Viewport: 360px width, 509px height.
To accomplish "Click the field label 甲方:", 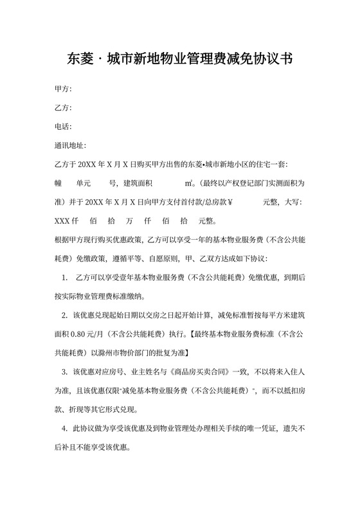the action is [x=63, y=88].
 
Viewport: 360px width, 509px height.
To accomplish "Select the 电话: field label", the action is [x=63, y=127].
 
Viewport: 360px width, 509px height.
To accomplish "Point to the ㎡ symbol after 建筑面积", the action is [x=189, y=183].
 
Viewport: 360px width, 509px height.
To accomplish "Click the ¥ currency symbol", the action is [x=230, y=202].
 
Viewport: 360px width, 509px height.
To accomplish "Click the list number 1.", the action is [x=65, y=278].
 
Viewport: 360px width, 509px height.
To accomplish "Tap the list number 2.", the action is [x=65, y=316].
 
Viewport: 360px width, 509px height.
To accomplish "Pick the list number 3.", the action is [x=65, y=371].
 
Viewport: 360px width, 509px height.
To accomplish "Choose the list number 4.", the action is [x=65, y=428].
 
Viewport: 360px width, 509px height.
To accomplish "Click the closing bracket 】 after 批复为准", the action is [x=186, y=353].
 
